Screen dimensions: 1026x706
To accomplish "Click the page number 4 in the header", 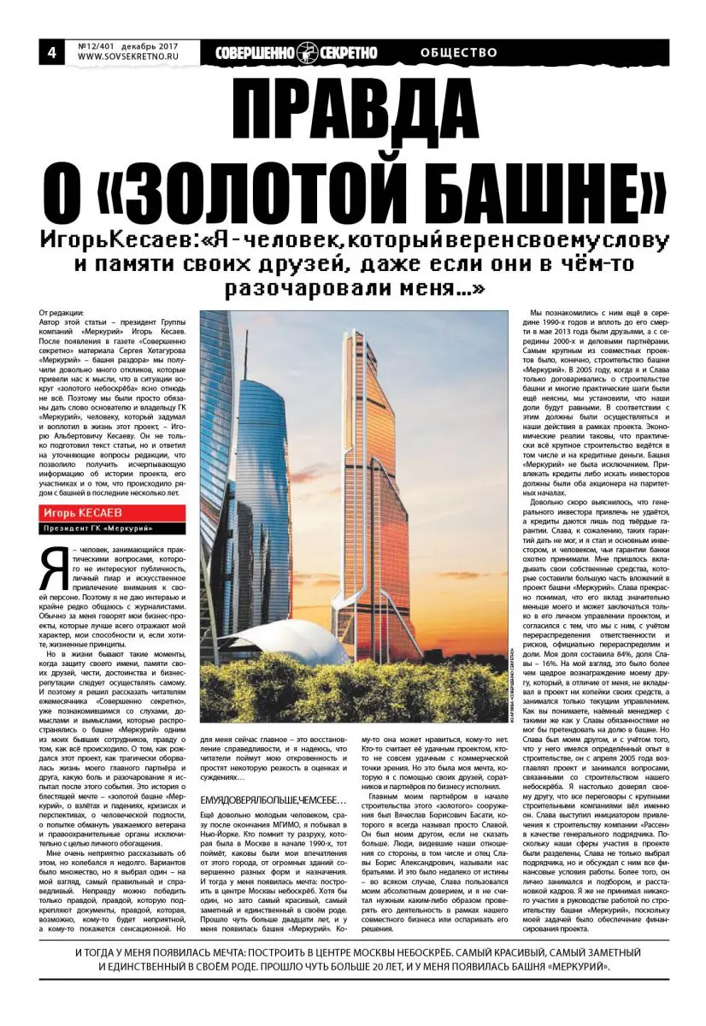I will tap(50, 52).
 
